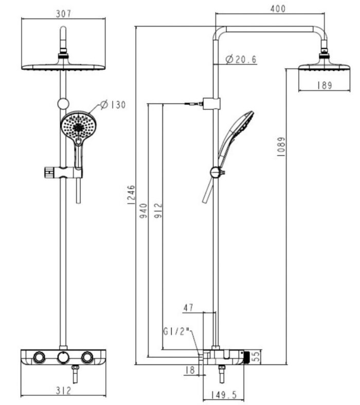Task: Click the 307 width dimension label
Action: [x=63, y=14]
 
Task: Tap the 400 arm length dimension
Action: [x=278, y=9]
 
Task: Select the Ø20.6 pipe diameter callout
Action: [x=241, y=59]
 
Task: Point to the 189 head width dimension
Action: [x=325, y=85]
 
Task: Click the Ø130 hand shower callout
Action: [x=113, y=105]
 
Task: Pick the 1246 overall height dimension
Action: [x=131, y=195]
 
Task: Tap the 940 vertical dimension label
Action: [x=143, y=211]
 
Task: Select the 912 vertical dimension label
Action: [x=158, y=211]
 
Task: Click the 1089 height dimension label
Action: [x=281, y=146]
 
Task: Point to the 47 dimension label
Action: [x=188, y=308]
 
